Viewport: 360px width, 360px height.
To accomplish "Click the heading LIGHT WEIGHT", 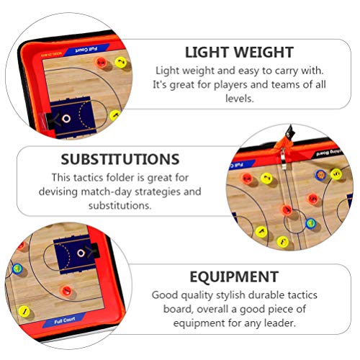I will tap(239, 52).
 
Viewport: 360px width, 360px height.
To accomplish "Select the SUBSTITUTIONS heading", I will tap(120, 158).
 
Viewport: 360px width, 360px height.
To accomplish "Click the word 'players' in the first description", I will tap(242, 84).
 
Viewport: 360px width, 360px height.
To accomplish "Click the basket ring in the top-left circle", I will tap(66, 118).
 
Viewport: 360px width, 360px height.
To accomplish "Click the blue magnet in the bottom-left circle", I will tap(17, 269).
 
